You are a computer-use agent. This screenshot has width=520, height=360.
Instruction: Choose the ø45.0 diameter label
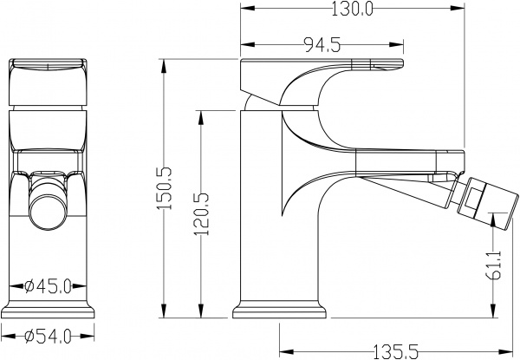tap(48, 286)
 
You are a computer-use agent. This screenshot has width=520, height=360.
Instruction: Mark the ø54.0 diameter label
tap(48, 335)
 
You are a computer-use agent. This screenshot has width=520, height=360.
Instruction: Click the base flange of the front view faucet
tap(48, 310)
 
